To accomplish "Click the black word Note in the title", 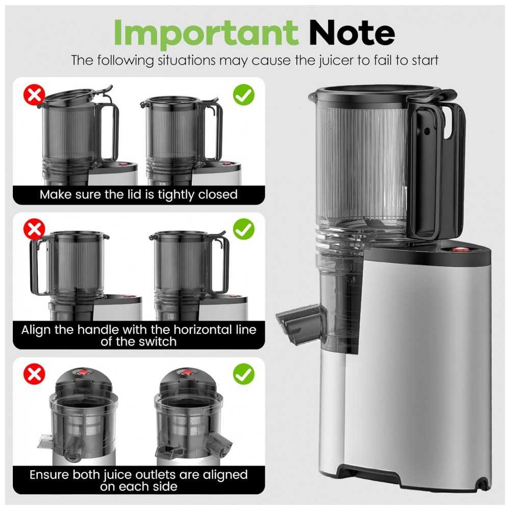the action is [352, 33].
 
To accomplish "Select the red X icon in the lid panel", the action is [34, 95].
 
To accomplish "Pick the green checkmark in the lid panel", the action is [244, 95].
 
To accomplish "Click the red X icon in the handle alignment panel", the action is [34, 229].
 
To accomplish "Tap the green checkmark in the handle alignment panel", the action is [244, 229].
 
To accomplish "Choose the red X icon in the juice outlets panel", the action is [34, 374].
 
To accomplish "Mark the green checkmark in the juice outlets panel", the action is [244, 374].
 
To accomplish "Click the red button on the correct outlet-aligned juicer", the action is [186, 372].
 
